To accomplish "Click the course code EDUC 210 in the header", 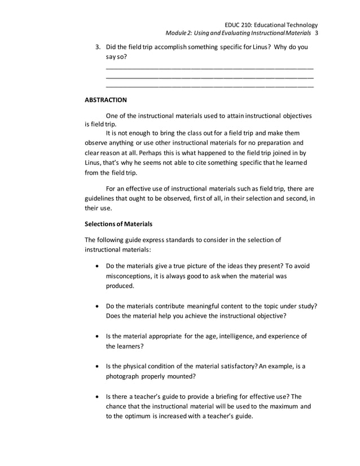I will point(240,25).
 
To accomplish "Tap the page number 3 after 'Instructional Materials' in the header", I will point(317,34).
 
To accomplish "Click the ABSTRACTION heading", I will point(106,100).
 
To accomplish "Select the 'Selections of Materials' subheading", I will point(118,224).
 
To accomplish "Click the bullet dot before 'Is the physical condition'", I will point(99,367).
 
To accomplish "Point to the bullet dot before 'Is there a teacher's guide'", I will point(99,397).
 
